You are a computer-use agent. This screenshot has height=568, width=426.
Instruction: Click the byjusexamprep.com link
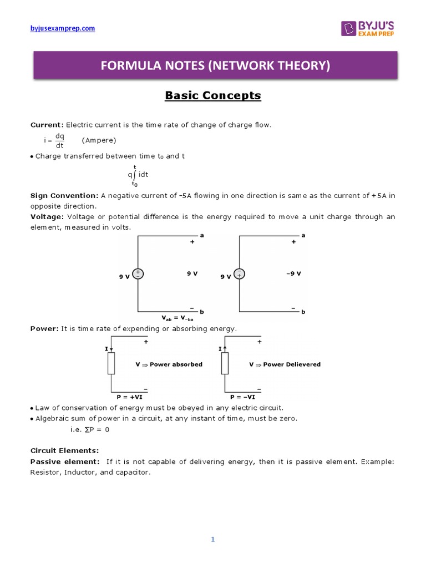pos(62,28)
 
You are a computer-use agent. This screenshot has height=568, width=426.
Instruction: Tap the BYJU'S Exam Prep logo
pos(368,28)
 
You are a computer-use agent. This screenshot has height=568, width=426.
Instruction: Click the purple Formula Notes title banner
pos(215,66)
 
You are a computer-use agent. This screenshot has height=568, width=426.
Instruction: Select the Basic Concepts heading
pos(213,95)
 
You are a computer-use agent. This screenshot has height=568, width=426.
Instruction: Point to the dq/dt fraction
pos(60,140)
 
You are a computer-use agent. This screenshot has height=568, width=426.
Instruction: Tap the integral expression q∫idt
pos(137,175)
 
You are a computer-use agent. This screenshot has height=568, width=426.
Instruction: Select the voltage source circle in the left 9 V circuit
pos(137,274)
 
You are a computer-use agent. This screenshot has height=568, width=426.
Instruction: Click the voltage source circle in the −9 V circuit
pos(239,274)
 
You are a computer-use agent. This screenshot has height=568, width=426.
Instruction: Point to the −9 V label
pos(293,273)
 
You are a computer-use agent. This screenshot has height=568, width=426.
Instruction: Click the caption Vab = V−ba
pos(177,318)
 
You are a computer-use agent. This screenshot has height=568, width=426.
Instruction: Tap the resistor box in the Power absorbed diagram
pos(111,363)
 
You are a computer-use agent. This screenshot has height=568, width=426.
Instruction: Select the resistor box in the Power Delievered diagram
pos(225,363)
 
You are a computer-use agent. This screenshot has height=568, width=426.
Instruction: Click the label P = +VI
pos(129,397)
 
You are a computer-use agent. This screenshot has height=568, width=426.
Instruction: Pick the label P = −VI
pos(243,397)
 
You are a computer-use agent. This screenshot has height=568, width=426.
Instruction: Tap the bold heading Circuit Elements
pos(64,450)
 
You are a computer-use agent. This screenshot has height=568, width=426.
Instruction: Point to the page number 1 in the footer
pos(213,540)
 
